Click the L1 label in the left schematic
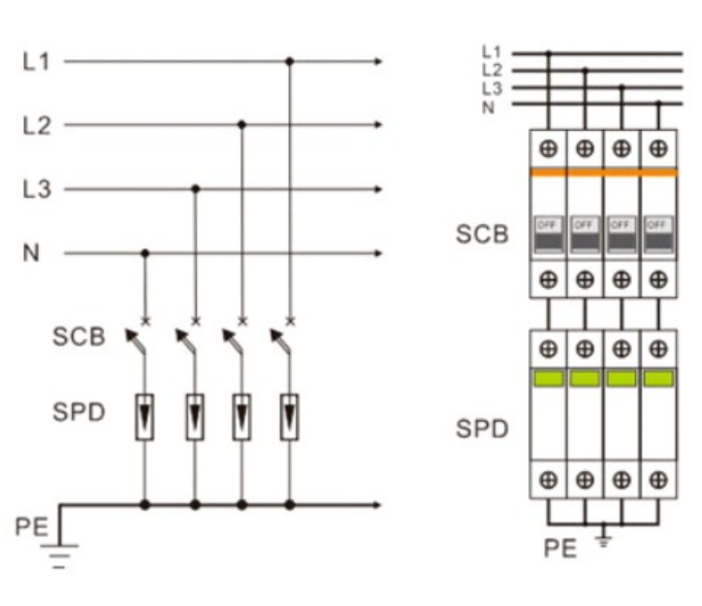pos(36,62)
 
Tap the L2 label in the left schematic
pos(36,125)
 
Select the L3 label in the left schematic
pos(36,189)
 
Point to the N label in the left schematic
pos(31,254)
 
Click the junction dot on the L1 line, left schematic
pos(289,62)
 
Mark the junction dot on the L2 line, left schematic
pos(241,125)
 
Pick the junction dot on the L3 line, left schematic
pos(195,189)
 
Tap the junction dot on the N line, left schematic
pos(145,254)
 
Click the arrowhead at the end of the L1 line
pos(378,62)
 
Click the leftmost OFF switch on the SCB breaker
pos(549,236)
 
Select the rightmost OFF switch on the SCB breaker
pos(658,236)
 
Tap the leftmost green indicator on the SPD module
pos(549,378)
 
